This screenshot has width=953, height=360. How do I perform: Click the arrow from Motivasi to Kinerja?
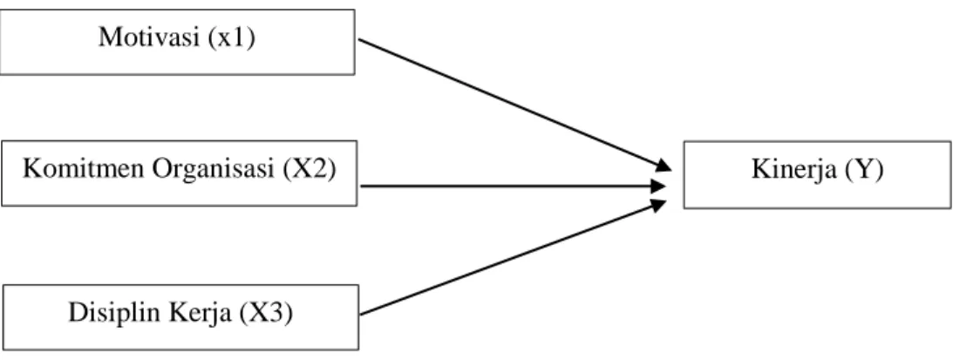click(514, 105)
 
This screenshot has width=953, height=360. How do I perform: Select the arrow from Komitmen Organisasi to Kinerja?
click(514, 186)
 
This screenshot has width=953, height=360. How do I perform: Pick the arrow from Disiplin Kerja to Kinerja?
click(514, 258)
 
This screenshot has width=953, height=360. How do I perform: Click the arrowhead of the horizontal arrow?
click(659, 186)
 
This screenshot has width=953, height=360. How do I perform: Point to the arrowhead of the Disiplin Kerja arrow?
click(659, 205)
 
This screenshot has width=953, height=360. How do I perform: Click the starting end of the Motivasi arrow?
click(359, 39)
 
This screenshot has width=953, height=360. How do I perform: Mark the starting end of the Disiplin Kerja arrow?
click(361, 315)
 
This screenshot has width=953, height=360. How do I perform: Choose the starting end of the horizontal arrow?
click(361, 186)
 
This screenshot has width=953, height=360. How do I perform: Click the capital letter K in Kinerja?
click(759, 170)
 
